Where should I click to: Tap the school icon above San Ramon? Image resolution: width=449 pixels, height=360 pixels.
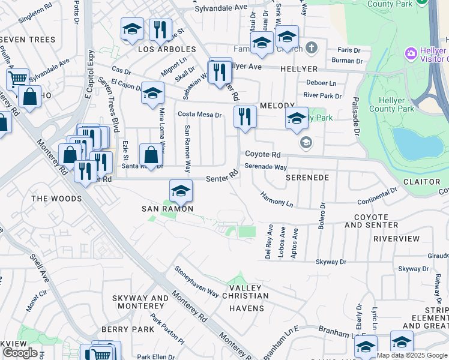pos(181,191)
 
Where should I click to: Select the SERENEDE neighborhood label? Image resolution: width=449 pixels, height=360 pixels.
pos(307,178)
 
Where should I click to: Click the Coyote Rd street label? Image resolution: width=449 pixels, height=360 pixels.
pos(262,155)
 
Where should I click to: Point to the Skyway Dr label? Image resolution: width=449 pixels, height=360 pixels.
pos(331,262)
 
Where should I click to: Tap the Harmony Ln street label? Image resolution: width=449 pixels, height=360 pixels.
pos(277,200)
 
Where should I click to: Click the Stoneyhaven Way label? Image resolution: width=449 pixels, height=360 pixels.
pos(196,282)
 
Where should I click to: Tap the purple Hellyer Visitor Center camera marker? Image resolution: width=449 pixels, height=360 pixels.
pos(411,53)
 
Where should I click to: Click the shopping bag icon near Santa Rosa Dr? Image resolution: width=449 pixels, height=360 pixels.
pos(150,155)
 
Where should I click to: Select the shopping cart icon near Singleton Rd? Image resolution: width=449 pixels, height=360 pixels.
pos(17,78)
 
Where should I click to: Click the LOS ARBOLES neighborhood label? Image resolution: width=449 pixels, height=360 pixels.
pos(167,49)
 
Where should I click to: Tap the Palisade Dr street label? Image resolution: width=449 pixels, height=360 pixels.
pos(355,115)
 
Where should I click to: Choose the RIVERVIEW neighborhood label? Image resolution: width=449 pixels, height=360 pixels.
pos(396,239)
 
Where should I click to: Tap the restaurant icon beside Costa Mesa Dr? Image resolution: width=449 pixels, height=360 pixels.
pos(244,116)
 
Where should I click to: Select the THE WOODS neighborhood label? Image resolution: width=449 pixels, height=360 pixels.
pos(56,199)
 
